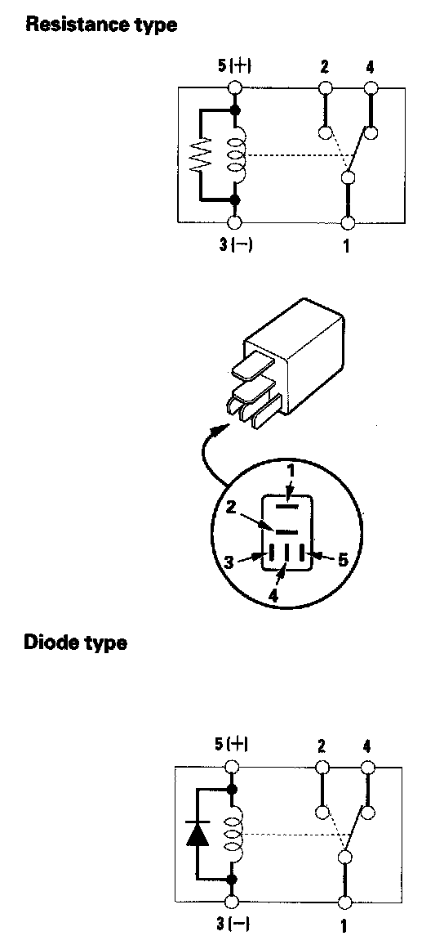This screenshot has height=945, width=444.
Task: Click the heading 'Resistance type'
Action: pyautogui.click(x=101, y=25)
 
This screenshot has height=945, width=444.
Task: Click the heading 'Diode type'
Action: pyautogui.click(x=75, y=643)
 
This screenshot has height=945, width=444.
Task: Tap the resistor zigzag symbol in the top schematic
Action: pyautogui.click(x=200, y=155)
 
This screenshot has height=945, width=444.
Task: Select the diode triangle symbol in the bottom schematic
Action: pyautogui.click(x=198, y=834)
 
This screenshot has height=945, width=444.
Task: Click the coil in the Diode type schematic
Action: pyautogui.click(x=234, y=834)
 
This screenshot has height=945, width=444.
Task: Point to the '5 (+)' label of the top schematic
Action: pyautogui.click(x=234, y=66)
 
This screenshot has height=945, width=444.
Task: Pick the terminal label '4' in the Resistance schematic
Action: pyautogui.click(x=370, y=66)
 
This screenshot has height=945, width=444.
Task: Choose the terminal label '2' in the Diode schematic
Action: pyautogui.click(x=322, y=746)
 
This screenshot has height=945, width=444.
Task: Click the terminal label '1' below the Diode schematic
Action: pyautogui.click(x=344, y=925)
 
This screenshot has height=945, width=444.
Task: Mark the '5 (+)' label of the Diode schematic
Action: pyautogui.click(x=233, y=745)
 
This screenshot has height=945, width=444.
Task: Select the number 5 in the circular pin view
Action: pyautogui.click(x=342, y=560)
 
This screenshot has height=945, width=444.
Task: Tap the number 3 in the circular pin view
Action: pyautogui.click(x=229, y=562)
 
